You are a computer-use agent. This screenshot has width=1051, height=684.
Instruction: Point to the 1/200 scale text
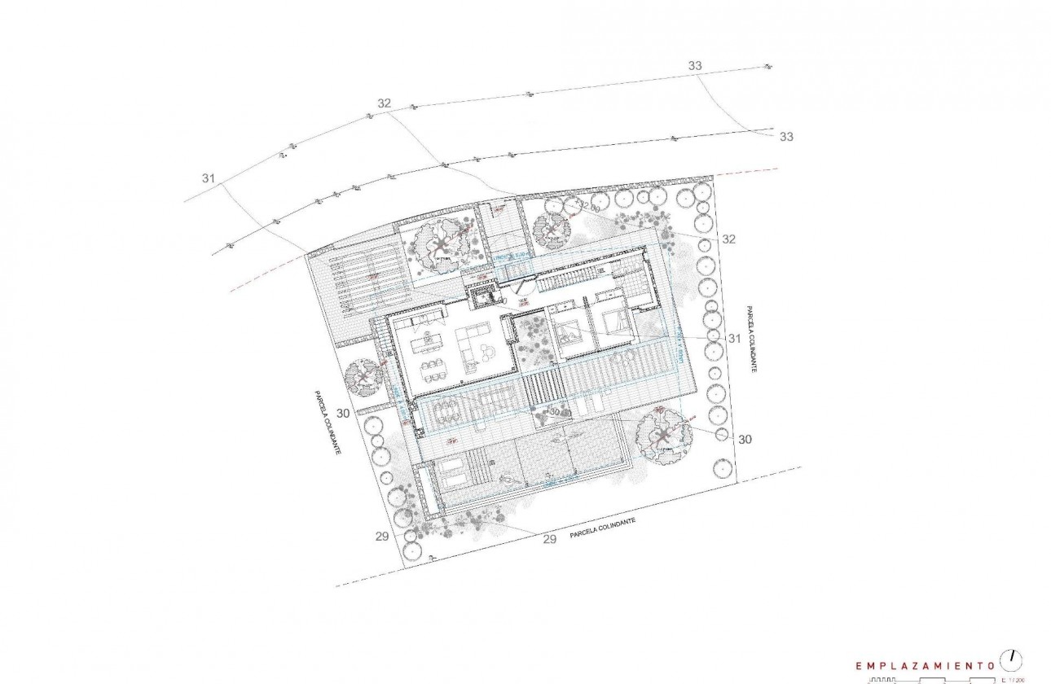click(x=1013, y=679)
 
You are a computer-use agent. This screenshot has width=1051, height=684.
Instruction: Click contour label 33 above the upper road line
click(x=695, y=65)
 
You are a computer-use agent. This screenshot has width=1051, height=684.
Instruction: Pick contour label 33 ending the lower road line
click(x=786, y=137)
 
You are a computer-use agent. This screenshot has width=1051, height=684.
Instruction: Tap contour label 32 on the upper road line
click(x=385, y=103)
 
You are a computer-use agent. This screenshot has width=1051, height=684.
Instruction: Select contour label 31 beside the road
click(x=209, y=178)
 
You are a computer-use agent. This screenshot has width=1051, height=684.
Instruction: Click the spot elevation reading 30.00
click(x=557, y=411)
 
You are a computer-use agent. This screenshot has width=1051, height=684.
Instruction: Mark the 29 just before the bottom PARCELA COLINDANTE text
click(x=549, y=539)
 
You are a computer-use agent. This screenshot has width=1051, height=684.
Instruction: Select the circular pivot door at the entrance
click(x=525, y=287)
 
